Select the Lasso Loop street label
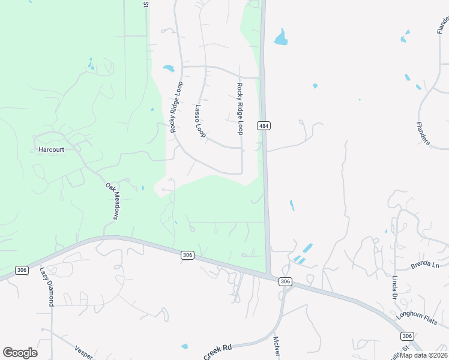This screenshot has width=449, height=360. pyautogui.click(x=200, y=122)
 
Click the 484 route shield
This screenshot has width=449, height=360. pyautogui.click(x=264, y=125)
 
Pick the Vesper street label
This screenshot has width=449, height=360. pyautogui.click(x=84, y=353)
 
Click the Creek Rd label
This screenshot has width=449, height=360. pyautogui.click(x=217, y=352)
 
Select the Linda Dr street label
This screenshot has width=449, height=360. pyautogui.click(x=395, y=288)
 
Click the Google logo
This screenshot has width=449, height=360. pyautogui.click(x=20, y=353)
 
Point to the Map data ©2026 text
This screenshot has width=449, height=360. pyautogui.click(x=424, y=355)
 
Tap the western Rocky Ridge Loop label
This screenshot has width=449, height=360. pyautogui.click(x=176, y=107)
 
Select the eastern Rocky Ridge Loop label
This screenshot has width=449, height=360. pyautogui.click(x=240, y=109)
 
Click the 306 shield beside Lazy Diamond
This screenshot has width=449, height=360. pyautogui.click(x=22, y=270)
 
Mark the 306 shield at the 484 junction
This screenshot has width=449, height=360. pyautogui.click(x=285, y=281)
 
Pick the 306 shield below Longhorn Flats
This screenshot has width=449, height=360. pyautogui.click(x=407, y=336)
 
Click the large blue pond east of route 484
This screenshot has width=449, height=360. pyautogui.click(x=280, y=38)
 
